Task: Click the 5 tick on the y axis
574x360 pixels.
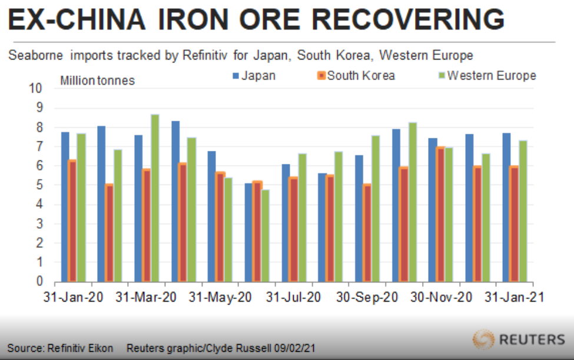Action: click(x=39, y=185)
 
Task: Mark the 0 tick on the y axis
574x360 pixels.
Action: click(x=39, y=282)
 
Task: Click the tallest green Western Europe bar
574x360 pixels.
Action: click(x=155, y=197)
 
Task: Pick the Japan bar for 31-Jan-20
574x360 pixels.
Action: click(x=65, y=206)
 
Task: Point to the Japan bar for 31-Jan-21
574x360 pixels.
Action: click(x=506, y=207)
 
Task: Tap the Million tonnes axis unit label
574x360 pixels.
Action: click(x=97, y=81)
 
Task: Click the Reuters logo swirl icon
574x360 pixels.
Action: click(x=484, y=339)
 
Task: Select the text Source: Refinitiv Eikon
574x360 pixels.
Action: click(x=60, y=348)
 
